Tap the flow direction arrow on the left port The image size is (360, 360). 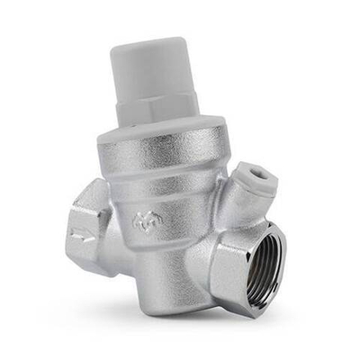(x=79, y=240)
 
